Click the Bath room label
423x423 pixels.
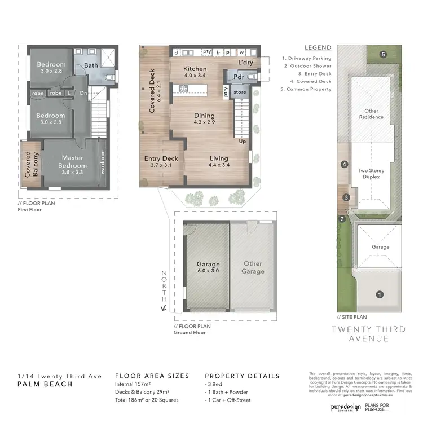tap(91, 65)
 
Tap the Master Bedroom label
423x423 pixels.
tap(73, 162)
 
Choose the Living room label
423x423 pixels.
tap(219, 162)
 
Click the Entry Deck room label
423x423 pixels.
tap(161, 162)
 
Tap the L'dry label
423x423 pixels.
tap(246, 62)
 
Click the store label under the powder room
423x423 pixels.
tap(240, 91)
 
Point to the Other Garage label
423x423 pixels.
tap(253, 267)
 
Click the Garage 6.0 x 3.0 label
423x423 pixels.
tap(208, 267)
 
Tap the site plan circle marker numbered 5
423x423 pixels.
tap(383, 55)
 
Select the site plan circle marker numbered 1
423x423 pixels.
tap(380, 294)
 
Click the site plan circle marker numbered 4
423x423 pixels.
tap(343, 165)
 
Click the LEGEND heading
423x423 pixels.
tap(318, 47)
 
